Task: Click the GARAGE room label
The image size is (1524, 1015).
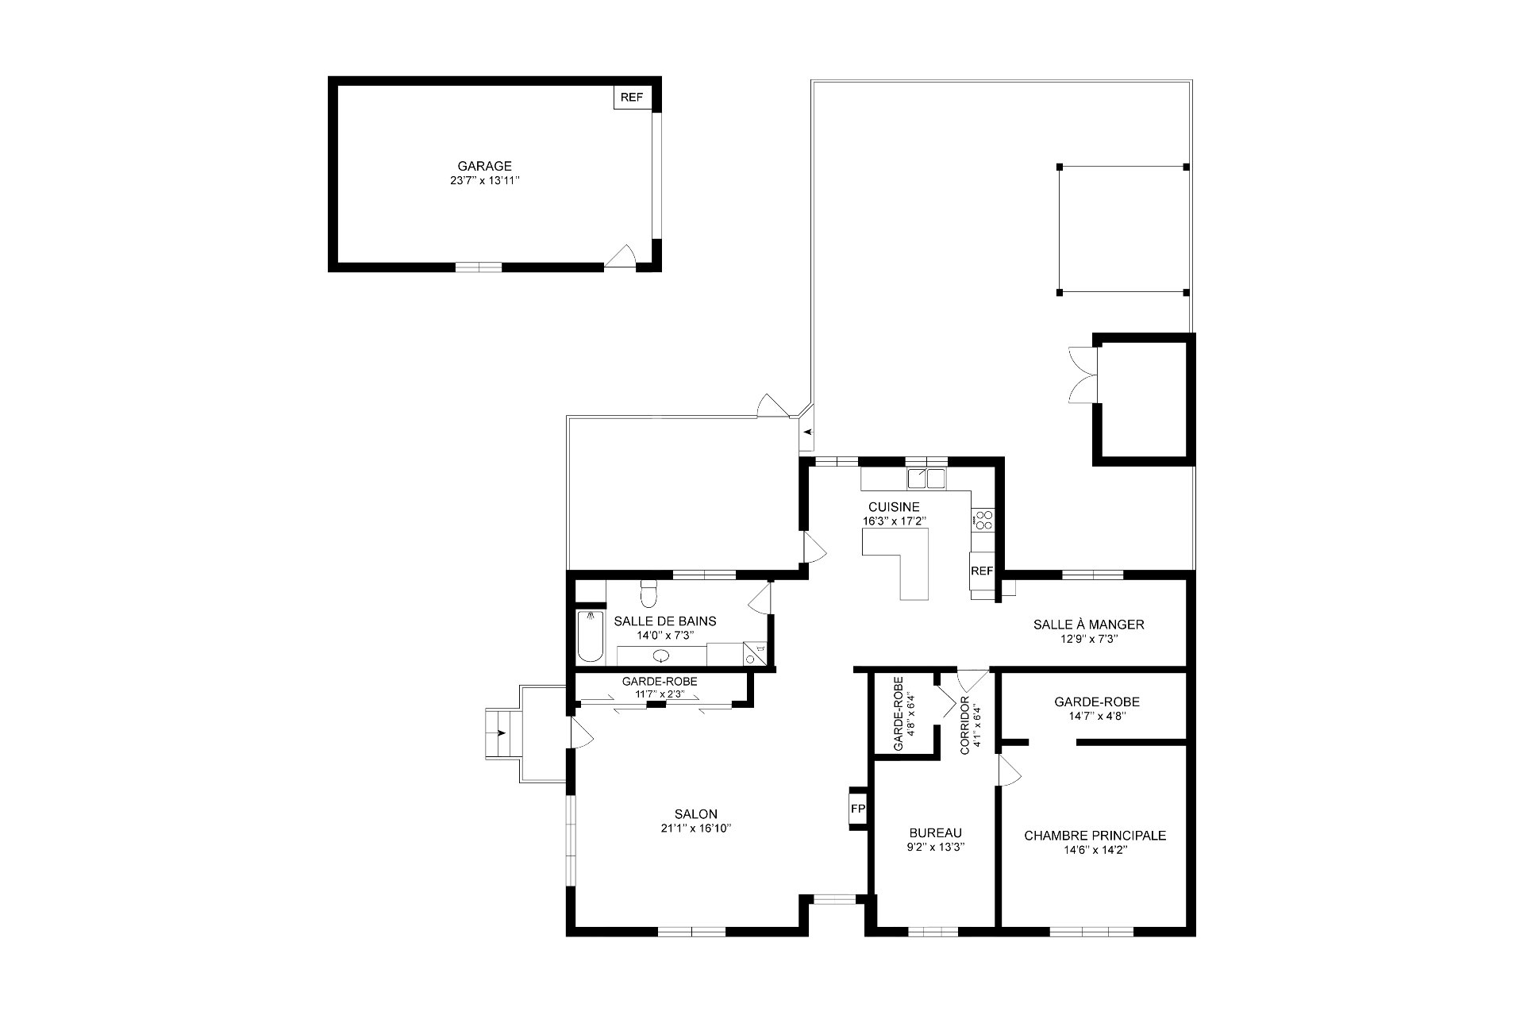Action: [x=484, y=166]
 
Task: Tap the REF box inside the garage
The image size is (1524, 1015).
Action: [x=632, y=98]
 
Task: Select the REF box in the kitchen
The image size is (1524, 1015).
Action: [x=982, y=571]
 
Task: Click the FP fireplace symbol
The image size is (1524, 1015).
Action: [x=857, y=809]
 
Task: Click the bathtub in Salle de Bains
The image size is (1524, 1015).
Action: [x=590, y=636]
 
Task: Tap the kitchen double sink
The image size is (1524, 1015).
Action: [x=926, y=479]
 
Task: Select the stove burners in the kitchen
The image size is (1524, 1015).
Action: [x=983, y=520]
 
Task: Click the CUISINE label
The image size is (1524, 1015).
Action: [x=894, y=507]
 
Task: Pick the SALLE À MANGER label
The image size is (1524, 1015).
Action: [x=1088, y=625]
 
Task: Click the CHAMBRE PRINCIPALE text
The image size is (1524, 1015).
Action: [x=1095, y=836]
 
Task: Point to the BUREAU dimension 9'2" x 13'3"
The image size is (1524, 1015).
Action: [x=935, y=847]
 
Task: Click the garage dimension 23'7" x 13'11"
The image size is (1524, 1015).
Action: [x=484, y=181]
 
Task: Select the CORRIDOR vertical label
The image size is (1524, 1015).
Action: [x=965, y=725]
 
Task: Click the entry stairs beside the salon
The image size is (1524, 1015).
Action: [x=502, y=733]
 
